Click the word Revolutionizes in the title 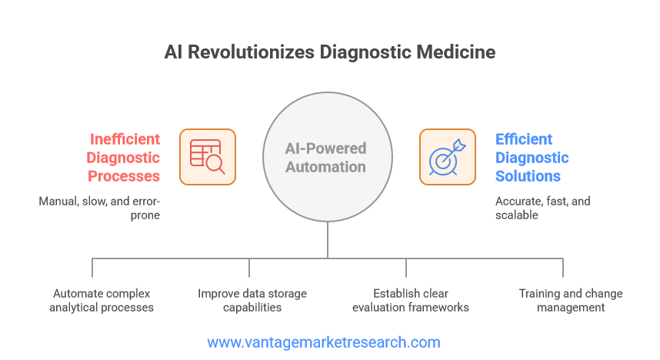252,52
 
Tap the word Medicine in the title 456,52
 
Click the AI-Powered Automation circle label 326,158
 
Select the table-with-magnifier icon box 208,157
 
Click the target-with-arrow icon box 448,157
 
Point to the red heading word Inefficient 125,139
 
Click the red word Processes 124,176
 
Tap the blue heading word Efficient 524,139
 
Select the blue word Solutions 528,176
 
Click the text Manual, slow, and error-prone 99,208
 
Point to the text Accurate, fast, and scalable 542,208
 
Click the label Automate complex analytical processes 102,300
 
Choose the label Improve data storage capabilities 252,300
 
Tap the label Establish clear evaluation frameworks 411,300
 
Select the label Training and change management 571,300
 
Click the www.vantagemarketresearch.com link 324,342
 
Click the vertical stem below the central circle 328,240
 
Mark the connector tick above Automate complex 92,268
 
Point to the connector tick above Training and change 563,268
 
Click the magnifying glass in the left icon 215,164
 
